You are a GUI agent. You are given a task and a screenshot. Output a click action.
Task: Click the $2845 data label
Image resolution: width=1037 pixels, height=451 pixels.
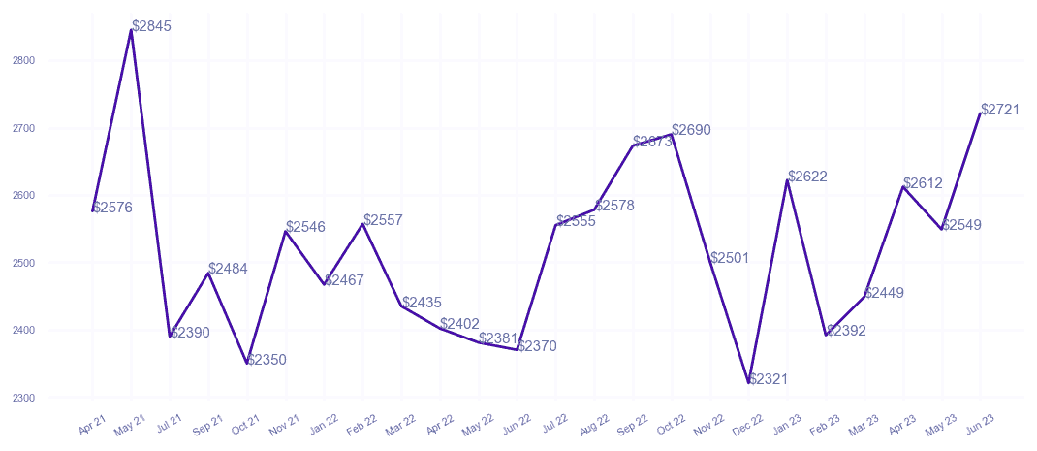pyautogui.click(x=151, y=27)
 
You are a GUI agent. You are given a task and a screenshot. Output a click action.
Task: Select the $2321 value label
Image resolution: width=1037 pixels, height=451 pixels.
pyautogui.click(x=769, y=379)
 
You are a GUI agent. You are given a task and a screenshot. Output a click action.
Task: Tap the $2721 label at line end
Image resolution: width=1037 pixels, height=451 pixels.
pyautogui.click(x=1000, y=111)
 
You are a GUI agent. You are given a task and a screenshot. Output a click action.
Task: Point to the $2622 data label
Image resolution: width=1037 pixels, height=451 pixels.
pyautogui.click(x=807, y=177)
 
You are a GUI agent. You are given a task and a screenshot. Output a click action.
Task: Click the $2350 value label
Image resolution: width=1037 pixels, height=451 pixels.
pyautogui.click(x=267, y=360)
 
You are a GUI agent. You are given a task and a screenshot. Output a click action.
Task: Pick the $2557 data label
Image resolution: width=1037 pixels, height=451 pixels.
pyautogui.click(x=383, y=220)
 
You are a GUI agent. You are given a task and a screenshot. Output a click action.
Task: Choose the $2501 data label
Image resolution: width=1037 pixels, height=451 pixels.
pyautogui.click(x=730, y=258)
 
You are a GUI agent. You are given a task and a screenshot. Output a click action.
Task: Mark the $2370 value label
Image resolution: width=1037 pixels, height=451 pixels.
pyautogui.click(x=537, y=346)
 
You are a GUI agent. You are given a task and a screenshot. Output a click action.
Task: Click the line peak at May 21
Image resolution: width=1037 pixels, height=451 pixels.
pyautogui.click(x=131, y=30)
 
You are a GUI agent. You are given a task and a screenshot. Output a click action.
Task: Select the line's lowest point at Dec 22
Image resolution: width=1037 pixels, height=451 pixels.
pyautogui.click(x=749, y=383)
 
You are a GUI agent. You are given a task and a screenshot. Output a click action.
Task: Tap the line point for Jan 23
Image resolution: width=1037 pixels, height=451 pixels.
pyautogui.click(x=788, y=180)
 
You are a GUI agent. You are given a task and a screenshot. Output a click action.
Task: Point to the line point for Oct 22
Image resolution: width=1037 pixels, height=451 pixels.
pyautogui.click(x=672, y=135)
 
